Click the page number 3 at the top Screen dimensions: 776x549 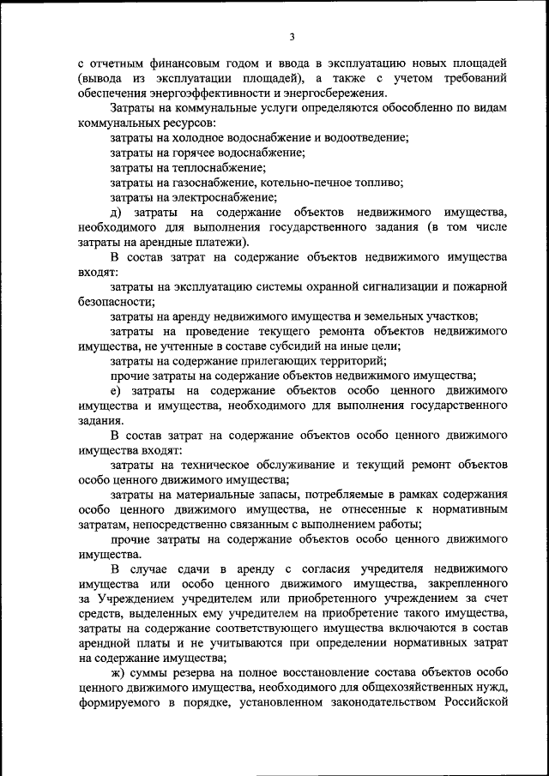pyautogui.click(x=292, y=36)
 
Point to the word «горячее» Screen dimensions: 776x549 pyautogui.click(x=201, y=153)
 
